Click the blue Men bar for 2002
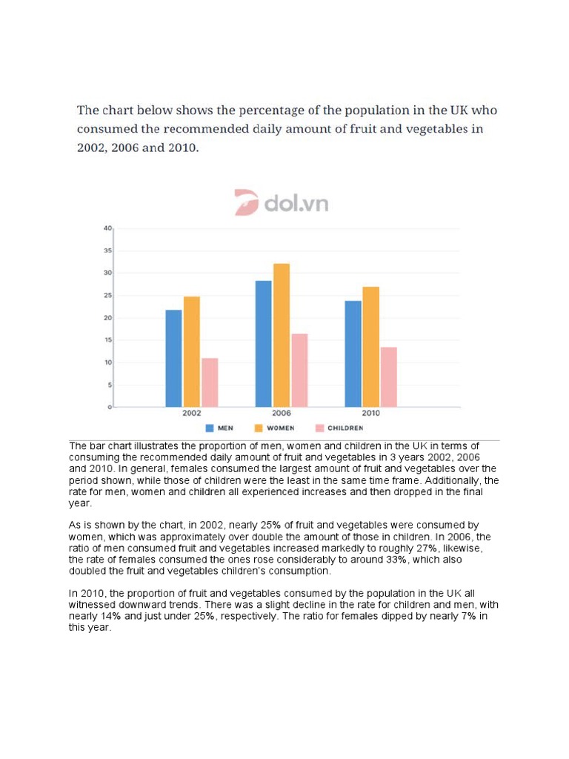click(173, 358)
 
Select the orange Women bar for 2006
click(282, 335)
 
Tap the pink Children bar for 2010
click(389, 377)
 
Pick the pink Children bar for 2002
click(210, 382)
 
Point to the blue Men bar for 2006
click(263, 343)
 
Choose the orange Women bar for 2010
click(370, 347)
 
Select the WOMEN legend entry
click(275, 428)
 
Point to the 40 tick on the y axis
click(107, 228)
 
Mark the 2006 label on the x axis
click(282, 414)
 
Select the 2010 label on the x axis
click(371, 414)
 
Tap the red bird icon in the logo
click(246, 202)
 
